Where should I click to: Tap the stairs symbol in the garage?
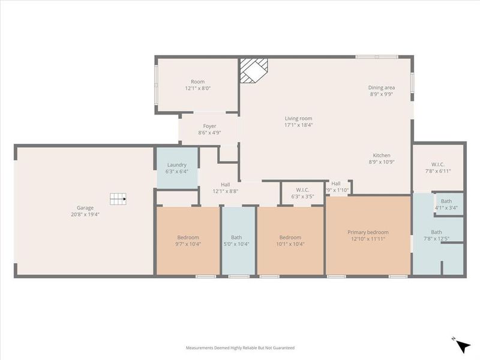[x=118, y=198]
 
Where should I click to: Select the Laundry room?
[x=177, y=167]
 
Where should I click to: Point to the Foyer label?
[x=209, y=126]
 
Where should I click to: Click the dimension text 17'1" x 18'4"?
[x=298, y=125]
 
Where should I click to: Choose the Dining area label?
[x=382, y=88]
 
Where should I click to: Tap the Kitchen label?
[x=382, y=155]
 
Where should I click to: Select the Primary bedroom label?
[x=368, y=232]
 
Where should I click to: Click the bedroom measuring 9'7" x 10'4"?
[x=188, y=241]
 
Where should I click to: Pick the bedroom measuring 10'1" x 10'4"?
[x=290, y=241]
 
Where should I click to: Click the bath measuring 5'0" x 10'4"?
[x=238, y=241]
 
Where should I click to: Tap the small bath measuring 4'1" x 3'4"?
[x=446, y=205]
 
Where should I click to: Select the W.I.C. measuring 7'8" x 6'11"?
[x=438, y=167]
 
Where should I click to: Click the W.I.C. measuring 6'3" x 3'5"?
[x=303, y=193]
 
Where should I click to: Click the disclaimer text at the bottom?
[x=240, y=347]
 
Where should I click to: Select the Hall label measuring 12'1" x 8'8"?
[x=225, y=188]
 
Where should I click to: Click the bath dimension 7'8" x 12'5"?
[x=436, y=239]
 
